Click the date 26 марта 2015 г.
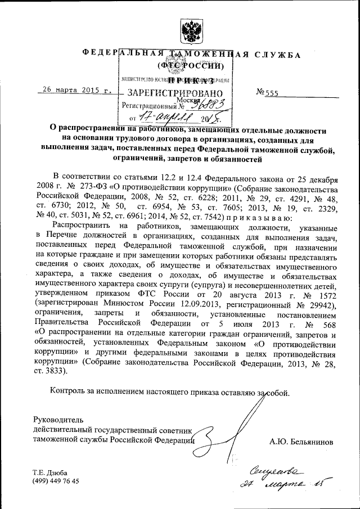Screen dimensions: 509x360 [x=75, y=89]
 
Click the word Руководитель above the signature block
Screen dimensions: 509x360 [x=58, y=420]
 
